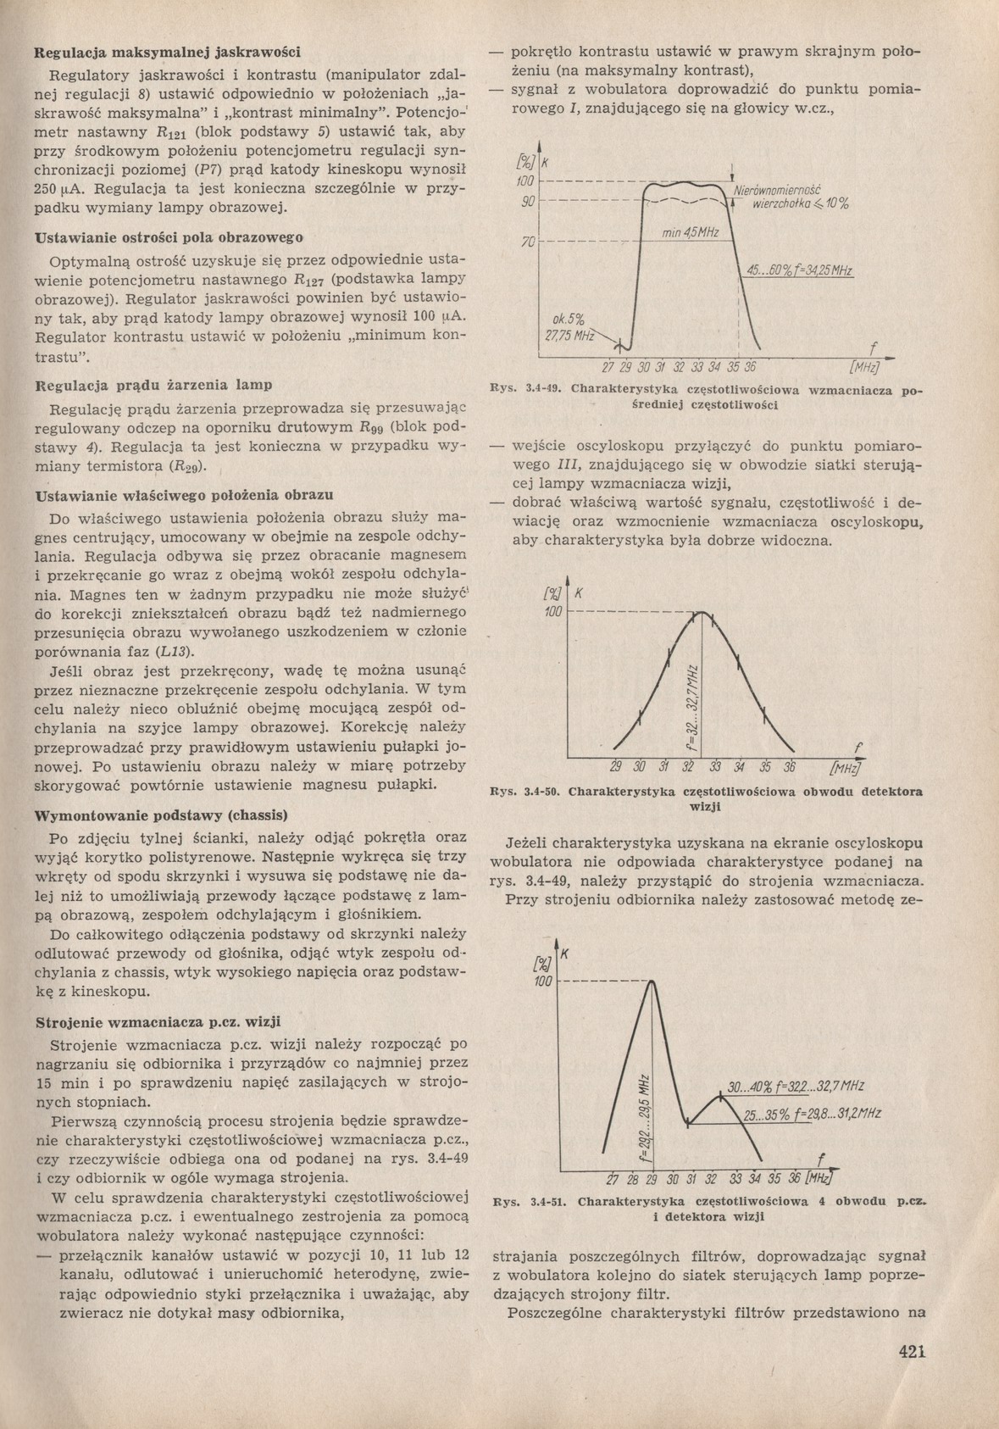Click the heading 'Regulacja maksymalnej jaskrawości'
coord(167,52)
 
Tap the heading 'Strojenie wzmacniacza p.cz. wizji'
coord(157,1021)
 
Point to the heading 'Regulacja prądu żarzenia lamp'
coord(153,385)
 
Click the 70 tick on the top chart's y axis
coord(526,243)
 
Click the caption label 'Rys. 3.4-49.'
coord(526,390)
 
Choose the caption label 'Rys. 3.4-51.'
coord(526,1201)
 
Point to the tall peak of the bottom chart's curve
coord(652,981)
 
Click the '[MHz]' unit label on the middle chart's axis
coord(845,768)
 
